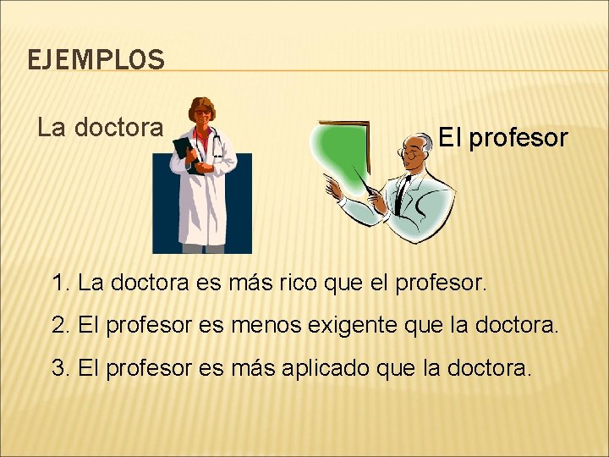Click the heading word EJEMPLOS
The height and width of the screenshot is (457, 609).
pos(96,60)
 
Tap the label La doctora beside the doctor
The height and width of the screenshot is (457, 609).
pos(101,127)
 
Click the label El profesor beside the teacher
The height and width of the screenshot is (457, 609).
pos(502,138)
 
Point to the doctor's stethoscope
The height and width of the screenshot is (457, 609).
pos(217,144)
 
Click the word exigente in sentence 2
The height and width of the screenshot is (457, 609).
pos(380,324)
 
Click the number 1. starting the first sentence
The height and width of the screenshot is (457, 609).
pos(61,283)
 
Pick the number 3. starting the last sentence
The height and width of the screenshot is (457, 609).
pos(61,367)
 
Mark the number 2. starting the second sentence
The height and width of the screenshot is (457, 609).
pos(61,324)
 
